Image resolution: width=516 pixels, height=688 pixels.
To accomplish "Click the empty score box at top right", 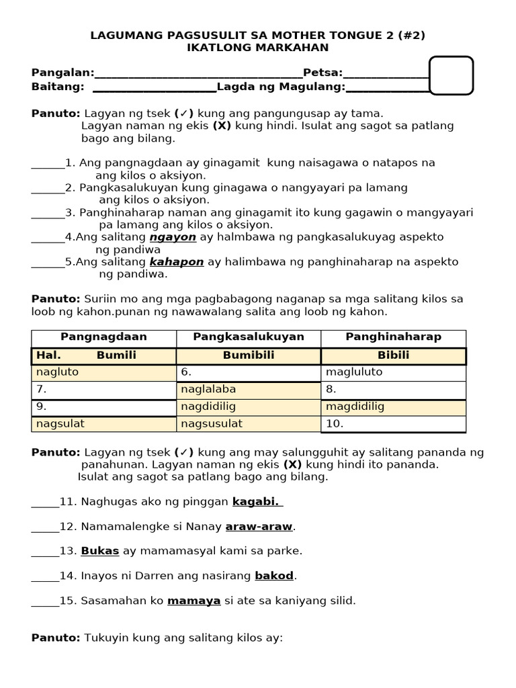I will (x=451, y=75).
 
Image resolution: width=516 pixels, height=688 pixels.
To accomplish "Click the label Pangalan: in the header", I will (x=62, y=73).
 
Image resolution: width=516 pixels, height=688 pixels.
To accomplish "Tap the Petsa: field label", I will (x=322, y=73).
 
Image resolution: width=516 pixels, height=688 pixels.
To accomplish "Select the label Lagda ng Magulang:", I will (x=281, y=87).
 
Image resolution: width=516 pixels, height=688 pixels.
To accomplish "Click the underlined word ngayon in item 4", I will (x=173, y=237).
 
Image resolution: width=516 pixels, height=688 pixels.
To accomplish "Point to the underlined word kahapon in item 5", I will (x=177, y=262).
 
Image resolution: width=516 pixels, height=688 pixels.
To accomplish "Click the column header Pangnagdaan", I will (x=103, y=337).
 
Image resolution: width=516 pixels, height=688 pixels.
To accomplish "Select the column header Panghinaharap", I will (x=393, y=337).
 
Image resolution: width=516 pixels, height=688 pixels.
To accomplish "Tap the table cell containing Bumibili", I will (x=249, y=355).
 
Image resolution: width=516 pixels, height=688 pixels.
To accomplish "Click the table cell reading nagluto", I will (x=103, y=372).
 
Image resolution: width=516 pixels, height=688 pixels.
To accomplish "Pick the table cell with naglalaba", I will (x=249, y=390).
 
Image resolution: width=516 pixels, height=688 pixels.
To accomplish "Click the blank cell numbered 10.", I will (x=393, y=424).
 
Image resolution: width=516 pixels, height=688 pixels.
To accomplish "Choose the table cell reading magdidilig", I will (x=393, y=407).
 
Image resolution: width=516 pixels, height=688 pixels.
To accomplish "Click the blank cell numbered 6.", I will (x=249, y=372).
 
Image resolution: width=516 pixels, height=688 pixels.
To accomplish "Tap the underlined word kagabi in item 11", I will (x=257, y=502).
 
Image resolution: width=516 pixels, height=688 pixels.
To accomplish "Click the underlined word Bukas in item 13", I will (x=100, y=551).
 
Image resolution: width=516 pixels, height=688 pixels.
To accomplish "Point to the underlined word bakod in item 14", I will (x=274, y=576).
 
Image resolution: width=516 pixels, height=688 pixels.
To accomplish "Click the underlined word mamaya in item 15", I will (x=194, y=601).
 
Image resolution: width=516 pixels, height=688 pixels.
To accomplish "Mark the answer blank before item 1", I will (x=47, y=163).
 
